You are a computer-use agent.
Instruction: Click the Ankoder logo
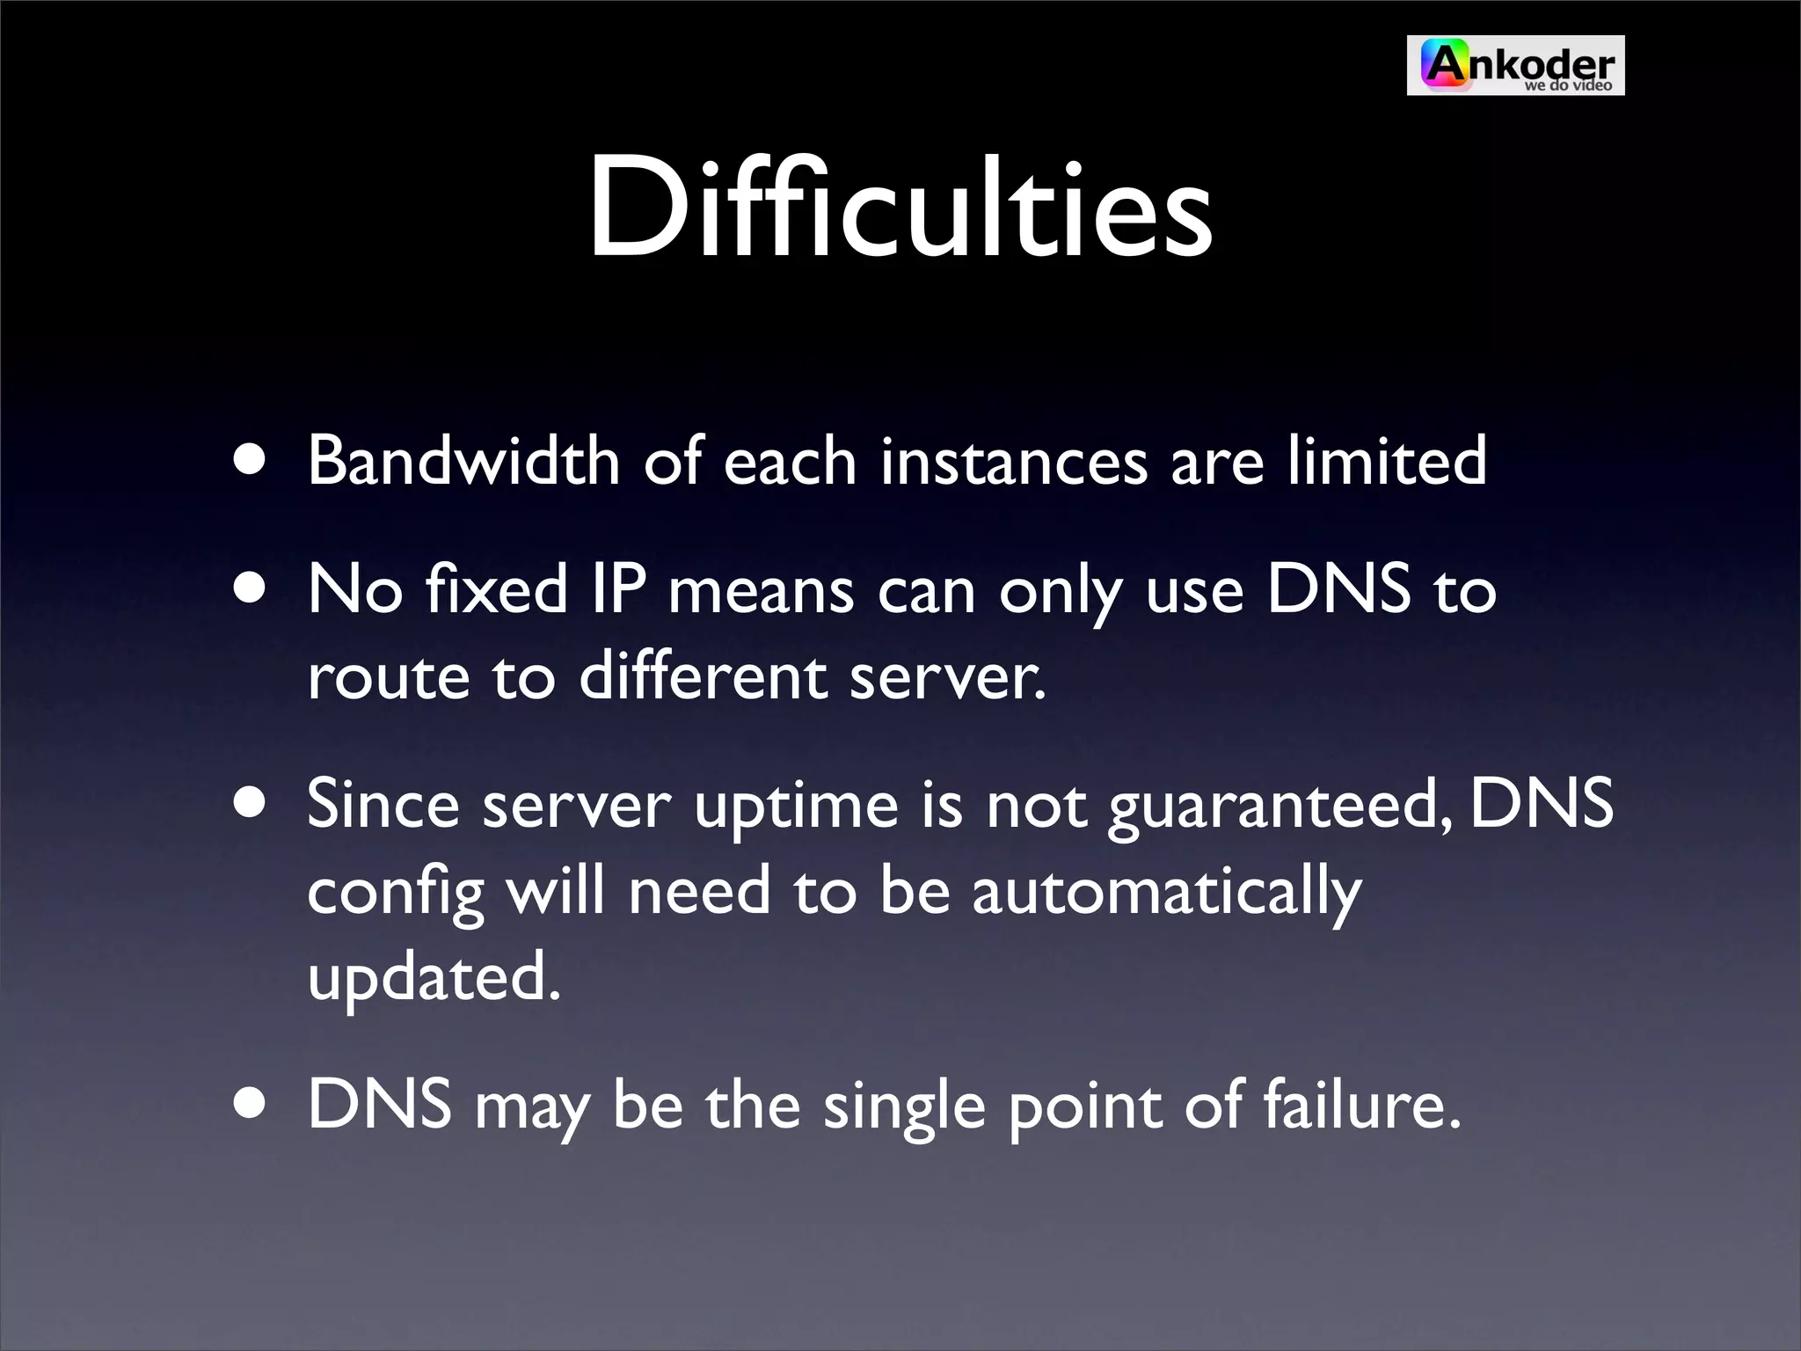click(1515, 65)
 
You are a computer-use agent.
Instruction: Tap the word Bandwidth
click(463, 460)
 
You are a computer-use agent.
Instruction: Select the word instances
click(1013, 460)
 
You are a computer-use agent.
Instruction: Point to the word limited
click(1387, 460)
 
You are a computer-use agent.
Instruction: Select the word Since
click(383, 804)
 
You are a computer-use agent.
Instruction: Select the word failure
click(1361, 1105)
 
